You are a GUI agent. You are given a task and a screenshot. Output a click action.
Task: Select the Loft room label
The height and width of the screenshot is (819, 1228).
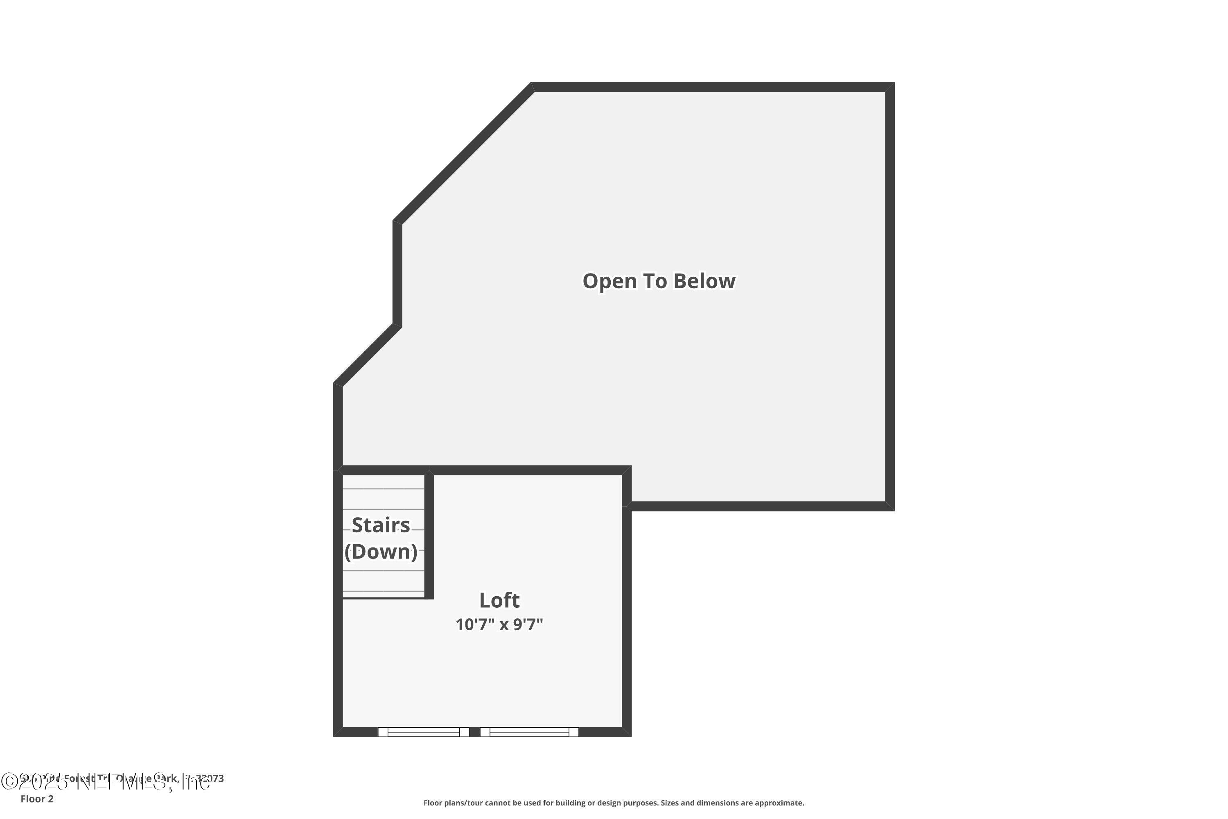coord(499,600)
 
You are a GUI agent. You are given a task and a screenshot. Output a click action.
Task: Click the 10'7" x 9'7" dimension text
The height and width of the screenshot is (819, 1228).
coord(499,625)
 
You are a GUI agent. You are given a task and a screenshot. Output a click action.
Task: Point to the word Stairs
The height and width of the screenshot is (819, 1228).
coord(381,525)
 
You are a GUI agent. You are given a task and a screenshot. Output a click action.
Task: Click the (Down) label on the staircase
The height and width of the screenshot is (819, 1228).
coord(381,552)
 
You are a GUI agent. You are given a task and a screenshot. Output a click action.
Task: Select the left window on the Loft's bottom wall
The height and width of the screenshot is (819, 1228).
coord(423,732)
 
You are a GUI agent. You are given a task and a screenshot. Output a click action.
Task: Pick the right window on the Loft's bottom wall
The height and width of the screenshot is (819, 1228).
coord(529,732)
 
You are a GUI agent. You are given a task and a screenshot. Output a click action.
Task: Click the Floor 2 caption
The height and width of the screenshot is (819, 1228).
coord(37,799)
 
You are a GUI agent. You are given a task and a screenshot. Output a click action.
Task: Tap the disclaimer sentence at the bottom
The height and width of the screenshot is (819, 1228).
coord(614,803)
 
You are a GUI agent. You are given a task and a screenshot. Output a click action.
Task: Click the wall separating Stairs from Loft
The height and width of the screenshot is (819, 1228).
coord(429,535)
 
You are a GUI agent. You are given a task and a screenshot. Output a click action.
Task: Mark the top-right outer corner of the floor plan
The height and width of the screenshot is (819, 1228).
coord(891,86)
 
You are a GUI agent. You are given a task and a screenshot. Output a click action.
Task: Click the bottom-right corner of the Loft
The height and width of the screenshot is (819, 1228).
coord(627,732)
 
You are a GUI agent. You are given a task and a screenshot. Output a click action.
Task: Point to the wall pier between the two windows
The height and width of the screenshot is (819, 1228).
coord(474,732)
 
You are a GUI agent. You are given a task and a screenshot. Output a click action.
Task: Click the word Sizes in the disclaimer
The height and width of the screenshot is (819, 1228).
coord(671,803)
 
